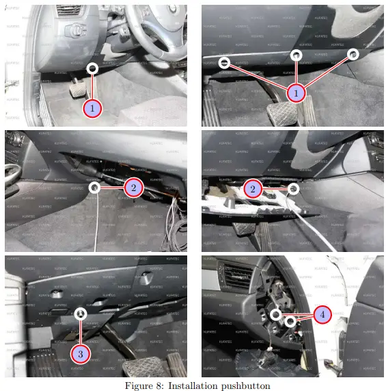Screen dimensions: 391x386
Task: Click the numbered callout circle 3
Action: click(81, 354)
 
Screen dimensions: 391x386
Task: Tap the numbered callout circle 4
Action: click(323, 314)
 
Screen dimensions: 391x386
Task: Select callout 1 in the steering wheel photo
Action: click(93, 108)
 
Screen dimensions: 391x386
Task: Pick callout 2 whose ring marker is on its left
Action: click(134, 186)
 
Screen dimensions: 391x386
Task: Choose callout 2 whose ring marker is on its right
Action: click(253, 188)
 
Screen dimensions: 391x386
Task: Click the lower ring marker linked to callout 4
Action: click(290, 321)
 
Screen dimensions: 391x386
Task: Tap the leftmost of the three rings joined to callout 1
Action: click(224, 62)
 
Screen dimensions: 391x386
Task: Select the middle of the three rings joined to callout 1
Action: click(296, 55)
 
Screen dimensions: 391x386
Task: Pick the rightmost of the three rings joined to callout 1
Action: click(353, 53)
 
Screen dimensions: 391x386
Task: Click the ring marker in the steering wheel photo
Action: click(93, 68)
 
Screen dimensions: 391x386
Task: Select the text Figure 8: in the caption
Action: click(141, 385)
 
